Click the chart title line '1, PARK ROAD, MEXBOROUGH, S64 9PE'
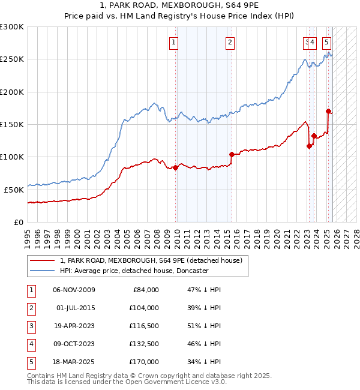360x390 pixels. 179,5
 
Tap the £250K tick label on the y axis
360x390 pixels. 11,59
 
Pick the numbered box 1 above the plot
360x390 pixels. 173,42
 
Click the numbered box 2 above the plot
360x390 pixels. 230,42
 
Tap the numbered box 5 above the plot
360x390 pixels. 326,42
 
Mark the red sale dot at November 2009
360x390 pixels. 175,167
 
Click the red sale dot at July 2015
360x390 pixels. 232,154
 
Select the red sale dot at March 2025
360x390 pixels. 328,111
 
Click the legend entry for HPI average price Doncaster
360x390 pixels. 134,271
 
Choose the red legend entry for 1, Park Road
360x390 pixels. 151,260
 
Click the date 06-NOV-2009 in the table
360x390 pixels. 74,290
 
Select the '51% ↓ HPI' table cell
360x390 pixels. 203,326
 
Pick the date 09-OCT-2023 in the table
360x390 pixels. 74,344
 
